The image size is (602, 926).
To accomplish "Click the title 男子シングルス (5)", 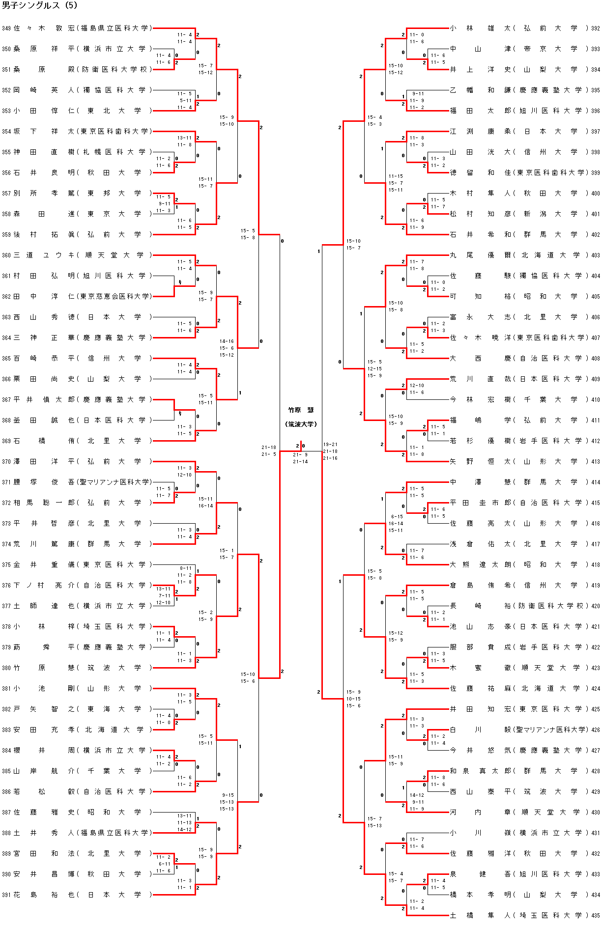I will [x=40, y=6].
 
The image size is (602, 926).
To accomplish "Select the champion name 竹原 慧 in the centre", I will [x=301, y=410].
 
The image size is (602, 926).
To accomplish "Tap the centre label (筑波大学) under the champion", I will [x=301, y=424].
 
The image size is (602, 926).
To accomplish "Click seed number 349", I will [x=6, y=28].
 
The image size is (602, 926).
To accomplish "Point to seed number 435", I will [x=595, y=916].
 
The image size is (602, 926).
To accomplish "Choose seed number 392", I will [x=595, y=28].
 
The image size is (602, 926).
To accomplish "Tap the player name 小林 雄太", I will [x=480, y=28].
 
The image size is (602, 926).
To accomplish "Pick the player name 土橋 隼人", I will [x=480, y=916].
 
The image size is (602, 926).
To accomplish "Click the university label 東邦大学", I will [x=114, y=194].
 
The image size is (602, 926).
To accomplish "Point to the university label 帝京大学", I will [x=550, y=49].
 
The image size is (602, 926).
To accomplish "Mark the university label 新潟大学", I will [x=550, y=214].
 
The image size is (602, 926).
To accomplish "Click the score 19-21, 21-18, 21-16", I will [x=330, y=451].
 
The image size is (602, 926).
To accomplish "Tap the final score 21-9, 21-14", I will [x=300, y=458].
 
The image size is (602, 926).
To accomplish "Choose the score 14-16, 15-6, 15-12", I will [x=227, y=348].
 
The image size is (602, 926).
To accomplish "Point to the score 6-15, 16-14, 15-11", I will [x=396, y=524].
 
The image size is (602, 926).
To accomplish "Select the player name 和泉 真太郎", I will [x=480, y=771].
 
